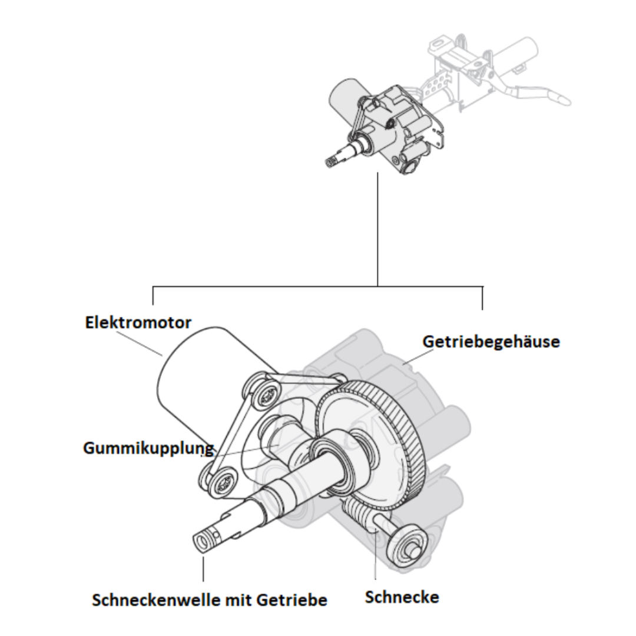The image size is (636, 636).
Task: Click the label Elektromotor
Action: [138, 323]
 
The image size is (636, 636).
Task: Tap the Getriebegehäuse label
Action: [491, 342]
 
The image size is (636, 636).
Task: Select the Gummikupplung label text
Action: [148, 448]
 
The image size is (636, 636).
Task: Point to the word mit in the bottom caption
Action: [240, 600]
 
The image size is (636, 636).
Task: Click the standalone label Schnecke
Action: [402, 597]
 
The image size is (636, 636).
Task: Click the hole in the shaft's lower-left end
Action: [203, 539]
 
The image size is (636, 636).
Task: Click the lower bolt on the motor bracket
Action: [220, 483]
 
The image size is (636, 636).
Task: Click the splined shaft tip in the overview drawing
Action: [333, 160]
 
